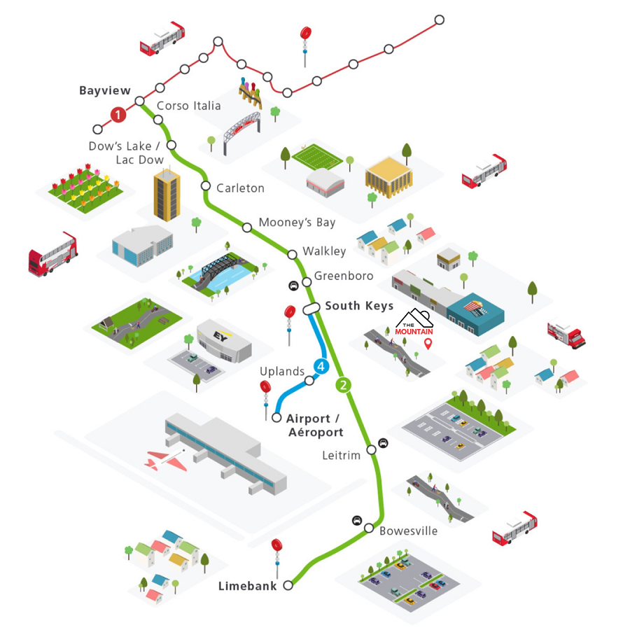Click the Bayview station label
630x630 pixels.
(104, 91)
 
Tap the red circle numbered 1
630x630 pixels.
(119, 114)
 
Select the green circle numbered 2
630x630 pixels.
(343, 384)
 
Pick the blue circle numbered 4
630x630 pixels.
(321, 366)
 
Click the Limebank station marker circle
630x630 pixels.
(288, 587)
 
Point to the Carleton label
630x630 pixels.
(240, 188)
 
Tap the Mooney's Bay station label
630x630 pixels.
(297, 223)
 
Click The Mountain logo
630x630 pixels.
(414, 323)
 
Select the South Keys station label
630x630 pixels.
(359, 306)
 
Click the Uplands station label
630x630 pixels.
(282, 371)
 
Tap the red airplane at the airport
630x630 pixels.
(166, 459)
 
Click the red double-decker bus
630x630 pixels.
(52, 253)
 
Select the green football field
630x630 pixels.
(314, 160)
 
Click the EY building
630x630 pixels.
(220, 340)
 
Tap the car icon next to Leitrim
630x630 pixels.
(383, 443)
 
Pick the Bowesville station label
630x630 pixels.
(408, 531)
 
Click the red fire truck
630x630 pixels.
(566, 334)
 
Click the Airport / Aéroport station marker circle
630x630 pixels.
(276, 417)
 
